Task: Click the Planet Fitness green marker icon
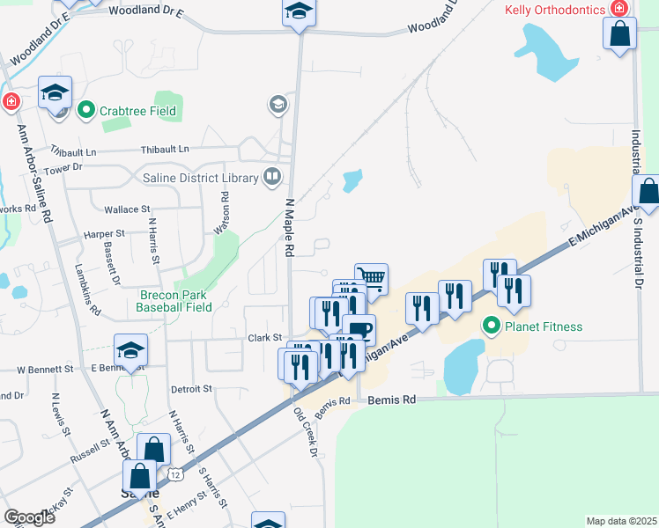point(492,327)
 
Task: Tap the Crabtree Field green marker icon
point(86,111)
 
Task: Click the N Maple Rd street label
point(288,228)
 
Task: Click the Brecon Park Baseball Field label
point(174,301)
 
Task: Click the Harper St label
point(105,235)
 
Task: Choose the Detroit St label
point(191,388)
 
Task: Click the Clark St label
point(263,337)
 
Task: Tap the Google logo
point(29,517)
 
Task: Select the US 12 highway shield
point(176,476)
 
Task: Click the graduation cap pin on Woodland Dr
point(298,13)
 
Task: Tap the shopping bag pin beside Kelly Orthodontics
point(620,33)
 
